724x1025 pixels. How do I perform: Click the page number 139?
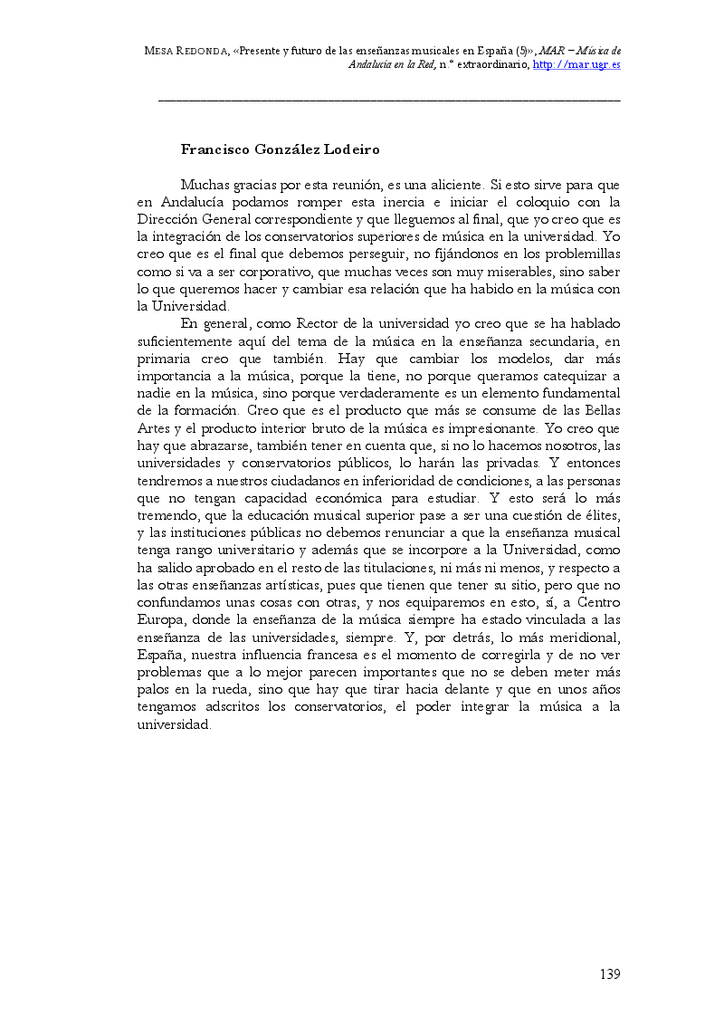pos(609,974)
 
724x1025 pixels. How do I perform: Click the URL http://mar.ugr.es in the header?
pos(576,65)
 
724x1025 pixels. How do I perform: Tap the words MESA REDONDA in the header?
pos(184,51)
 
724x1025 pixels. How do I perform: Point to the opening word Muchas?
pos(204,184)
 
